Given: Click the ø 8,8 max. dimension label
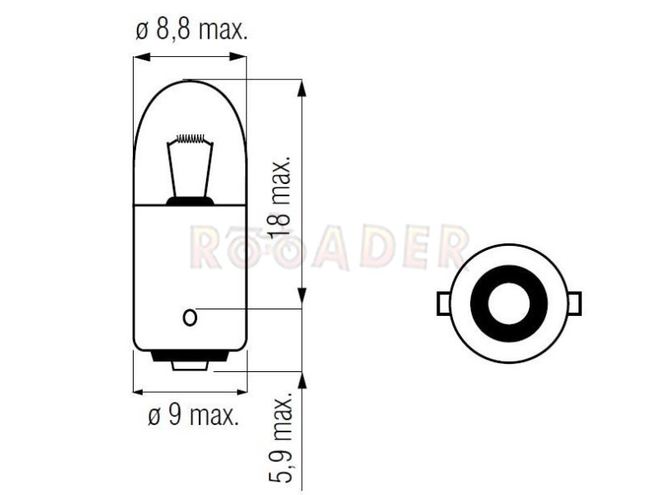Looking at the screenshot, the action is (x=191, y=31).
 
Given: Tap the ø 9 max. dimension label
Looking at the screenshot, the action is (x=194, y=416).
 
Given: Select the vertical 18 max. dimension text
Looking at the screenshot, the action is (x=280, y=197).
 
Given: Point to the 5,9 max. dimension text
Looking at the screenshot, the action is (x=280, y=438).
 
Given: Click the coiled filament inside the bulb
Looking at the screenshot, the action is (x=191, y=138).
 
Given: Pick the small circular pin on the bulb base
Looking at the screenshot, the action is (x=190, y=317).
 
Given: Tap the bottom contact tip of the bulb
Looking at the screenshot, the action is (x=190, y=365).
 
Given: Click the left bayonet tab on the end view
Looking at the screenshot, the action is (x=444, y=303).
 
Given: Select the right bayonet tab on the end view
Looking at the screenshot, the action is (x=575, y=303).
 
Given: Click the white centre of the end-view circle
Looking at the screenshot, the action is (x=509, y=303).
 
